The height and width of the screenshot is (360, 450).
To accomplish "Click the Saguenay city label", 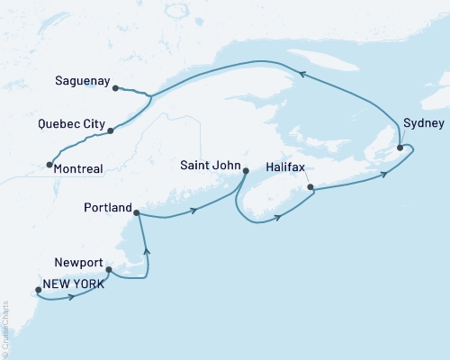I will click(x=79, y=79).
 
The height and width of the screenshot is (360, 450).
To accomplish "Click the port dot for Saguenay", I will click(x=115, y=87).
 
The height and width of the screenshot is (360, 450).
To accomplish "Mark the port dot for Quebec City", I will click(x=110, y=131).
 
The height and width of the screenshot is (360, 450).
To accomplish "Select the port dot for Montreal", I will click(x=48, y=165).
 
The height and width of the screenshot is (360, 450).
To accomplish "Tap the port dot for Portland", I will click(x=136, y=213).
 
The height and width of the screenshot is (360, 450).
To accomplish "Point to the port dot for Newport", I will click(x=109, y=269).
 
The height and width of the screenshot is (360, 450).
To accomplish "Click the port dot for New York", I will click(x=37, y=290).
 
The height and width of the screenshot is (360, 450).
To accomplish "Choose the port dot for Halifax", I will click(x=310, y=188).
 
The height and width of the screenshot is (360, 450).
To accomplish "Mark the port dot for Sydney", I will click(x=400, y=147).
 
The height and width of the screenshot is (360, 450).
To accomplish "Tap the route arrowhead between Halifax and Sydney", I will click(x=384, y=173).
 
